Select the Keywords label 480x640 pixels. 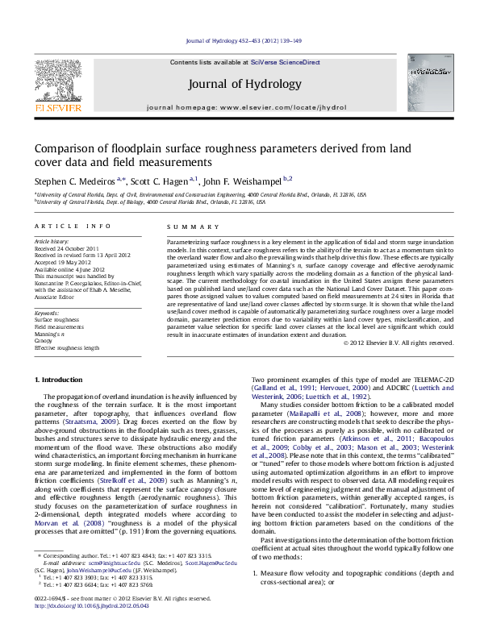[x=47, y=311]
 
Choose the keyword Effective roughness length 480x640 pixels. [x=66, y=347]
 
